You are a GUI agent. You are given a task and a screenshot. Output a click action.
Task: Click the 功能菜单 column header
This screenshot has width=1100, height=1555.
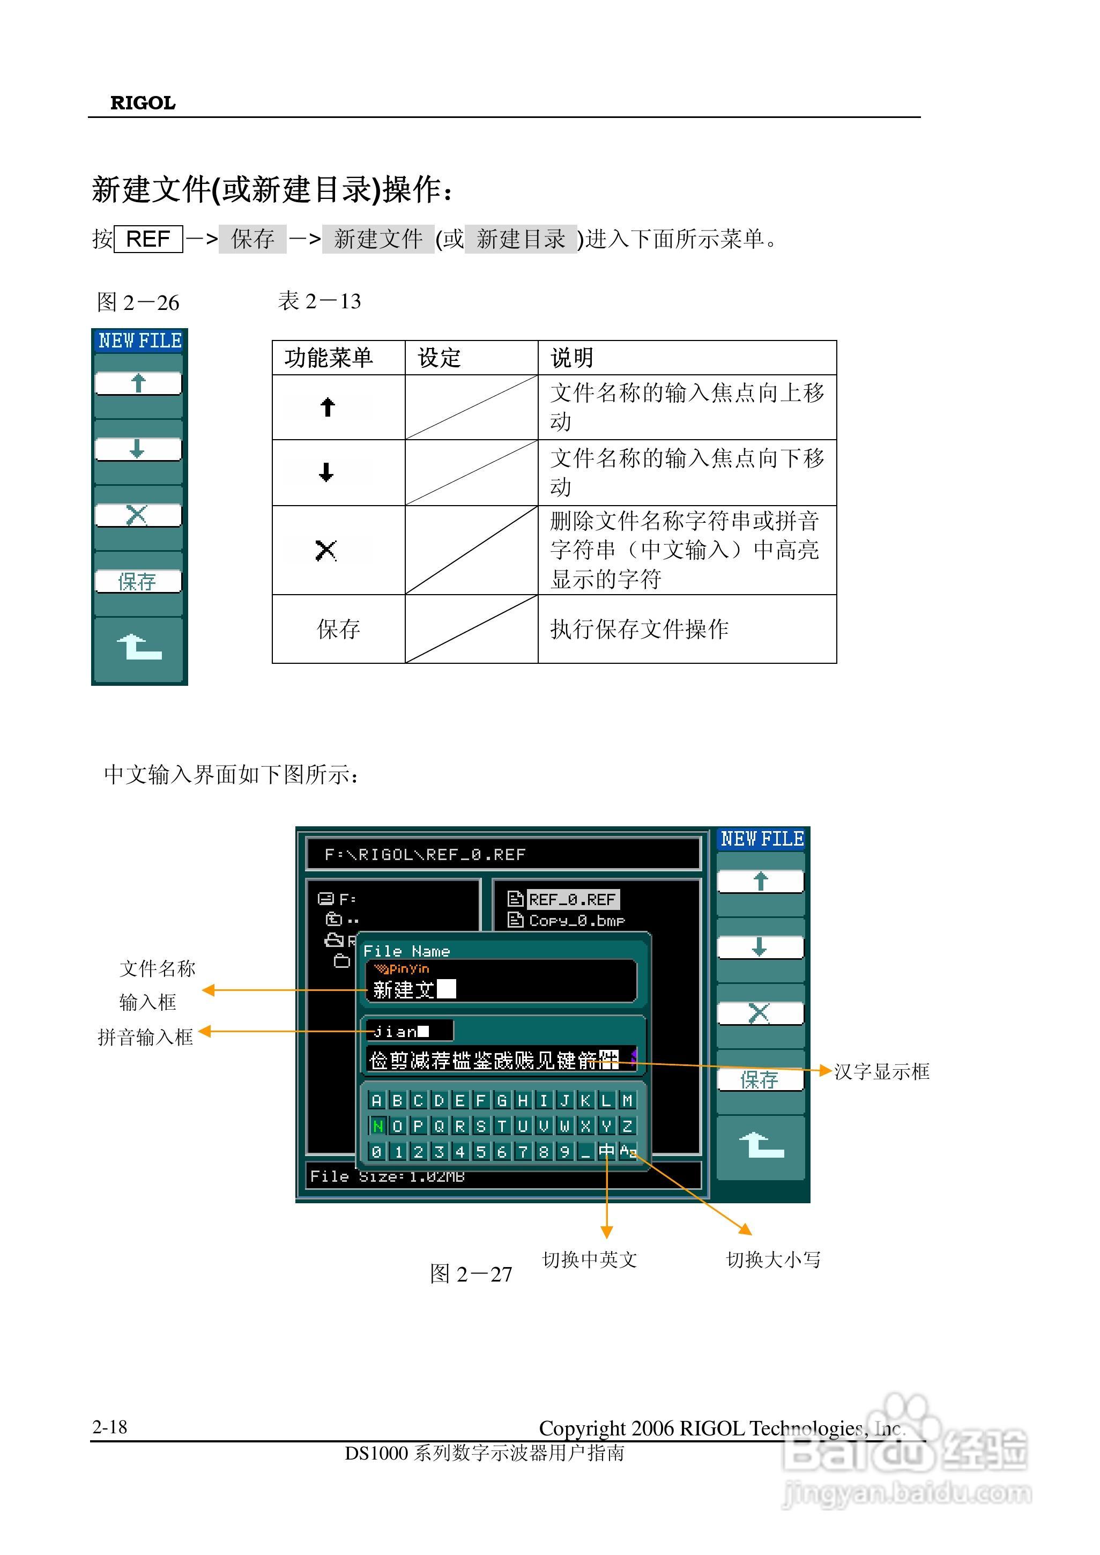click(x=329, y=358)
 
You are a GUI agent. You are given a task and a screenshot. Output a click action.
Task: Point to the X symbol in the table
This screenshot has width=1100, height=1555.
click(x=326, y=550)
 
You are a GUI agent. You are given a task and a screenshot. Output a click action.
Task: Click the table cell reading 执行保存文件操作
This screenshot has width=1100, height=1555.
click(x=639, y=630)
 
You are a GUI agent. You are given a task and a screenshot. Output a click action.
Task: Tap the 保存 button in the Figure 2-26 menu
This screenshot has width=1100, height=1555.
click(x=138, y=581)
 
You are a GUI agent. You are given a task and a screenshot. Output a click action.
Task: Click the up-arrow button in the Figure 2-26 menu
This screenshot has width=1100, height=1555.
click(x=138, y=383)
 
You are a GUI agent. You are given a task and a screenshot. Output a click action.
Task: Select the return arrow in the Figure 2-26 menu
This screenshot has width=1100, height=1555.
click(x=139, y=648)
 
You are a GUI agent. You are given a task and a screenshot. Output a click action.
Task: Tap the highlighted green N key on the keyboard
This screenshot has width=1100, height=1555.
click(x=377, y=1126)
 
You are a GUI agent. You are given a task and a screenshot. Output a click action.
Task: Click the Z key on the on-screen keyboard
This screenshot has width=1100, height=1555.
click(x=627, y=1126)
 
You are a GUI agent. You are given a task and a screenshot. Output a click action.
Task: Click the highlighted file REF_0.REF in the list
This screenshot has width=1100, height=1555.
click(x=573, y=900)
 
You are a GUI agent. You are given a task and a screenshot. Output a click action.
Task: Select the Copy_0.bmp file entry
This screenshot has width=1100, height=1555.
click(x=576, y=921)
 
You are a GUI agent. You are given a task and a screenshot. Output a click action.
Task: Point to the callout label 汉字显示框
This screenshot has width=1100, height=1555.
click(x=881, y=1072)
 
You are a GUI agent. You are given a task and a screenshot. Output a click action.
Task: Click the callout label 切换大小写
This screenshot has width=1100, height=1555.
click(x=773, y=1260)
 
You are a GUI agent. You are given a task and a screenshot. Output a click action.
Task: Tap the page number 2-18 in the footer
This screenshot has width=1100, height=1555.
click(x=110, y=1427)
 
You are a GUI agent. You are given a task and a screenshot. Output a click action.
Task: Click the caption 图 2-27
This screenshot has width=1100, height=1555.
click(x=471, y=1275)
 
